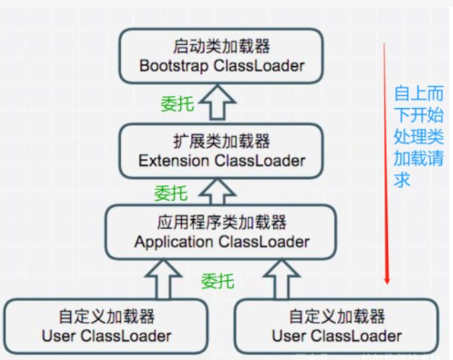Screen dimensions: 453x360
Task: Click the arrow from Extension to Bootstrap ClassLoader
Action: [x=217, y=101]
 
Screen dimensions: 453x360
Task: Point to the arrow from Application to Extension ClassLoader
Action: [x=217, y=191]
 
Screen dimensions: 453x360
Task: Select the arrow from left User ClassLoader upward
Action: [x=163, y=279]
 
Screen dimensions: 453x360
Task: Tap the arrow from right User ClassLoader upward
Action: [x=281, y=279]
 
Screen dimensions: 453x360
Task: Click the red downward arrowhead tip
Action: [x=387, y=284]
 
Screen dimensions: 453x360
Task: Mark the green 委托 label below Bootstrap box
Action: [x=177, y=104]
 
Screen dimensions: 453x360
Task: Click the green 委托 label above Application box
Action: [x=171, y=193]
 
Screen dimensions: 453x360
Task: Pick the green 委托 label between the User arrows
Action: [x=218, y=281]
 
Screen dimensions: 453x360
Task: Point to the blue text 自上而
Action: [x=419, y=93]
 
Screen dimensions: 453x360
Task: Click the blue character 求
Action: [x=402, y=180]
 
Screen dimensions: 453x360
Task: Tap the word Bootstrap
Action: [x=174, y=66]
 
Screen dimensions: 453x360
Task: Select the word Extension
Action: [x=173, y=160]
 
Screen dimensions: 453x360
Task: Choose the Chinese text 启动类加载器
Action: [x=222, y=46]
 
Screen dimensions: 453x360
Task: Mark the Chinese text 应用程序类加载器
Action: [x=222, y=222]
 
